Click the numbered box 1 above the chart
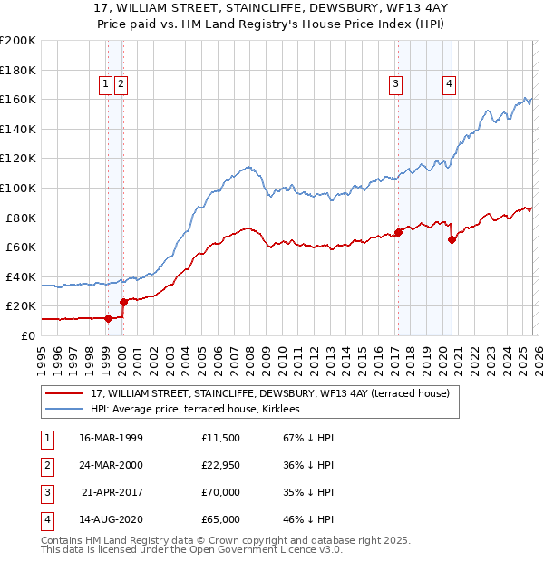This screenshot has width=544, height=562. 106,84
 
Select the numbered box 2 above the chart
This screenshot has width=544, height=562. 121,84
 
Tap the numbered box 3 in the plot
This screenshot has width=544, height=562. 396,84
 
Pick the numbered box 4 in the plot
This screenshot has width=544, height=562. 449,84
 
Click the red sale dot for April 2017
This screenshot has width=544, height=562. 398,232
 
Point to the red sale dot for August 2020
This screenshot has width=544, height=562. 452,240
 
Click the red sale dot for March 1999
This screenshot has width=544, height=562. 108,318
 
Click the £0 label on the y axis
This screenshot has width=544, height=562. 27,335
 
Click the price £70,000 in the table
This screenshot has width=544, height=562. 221,494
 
